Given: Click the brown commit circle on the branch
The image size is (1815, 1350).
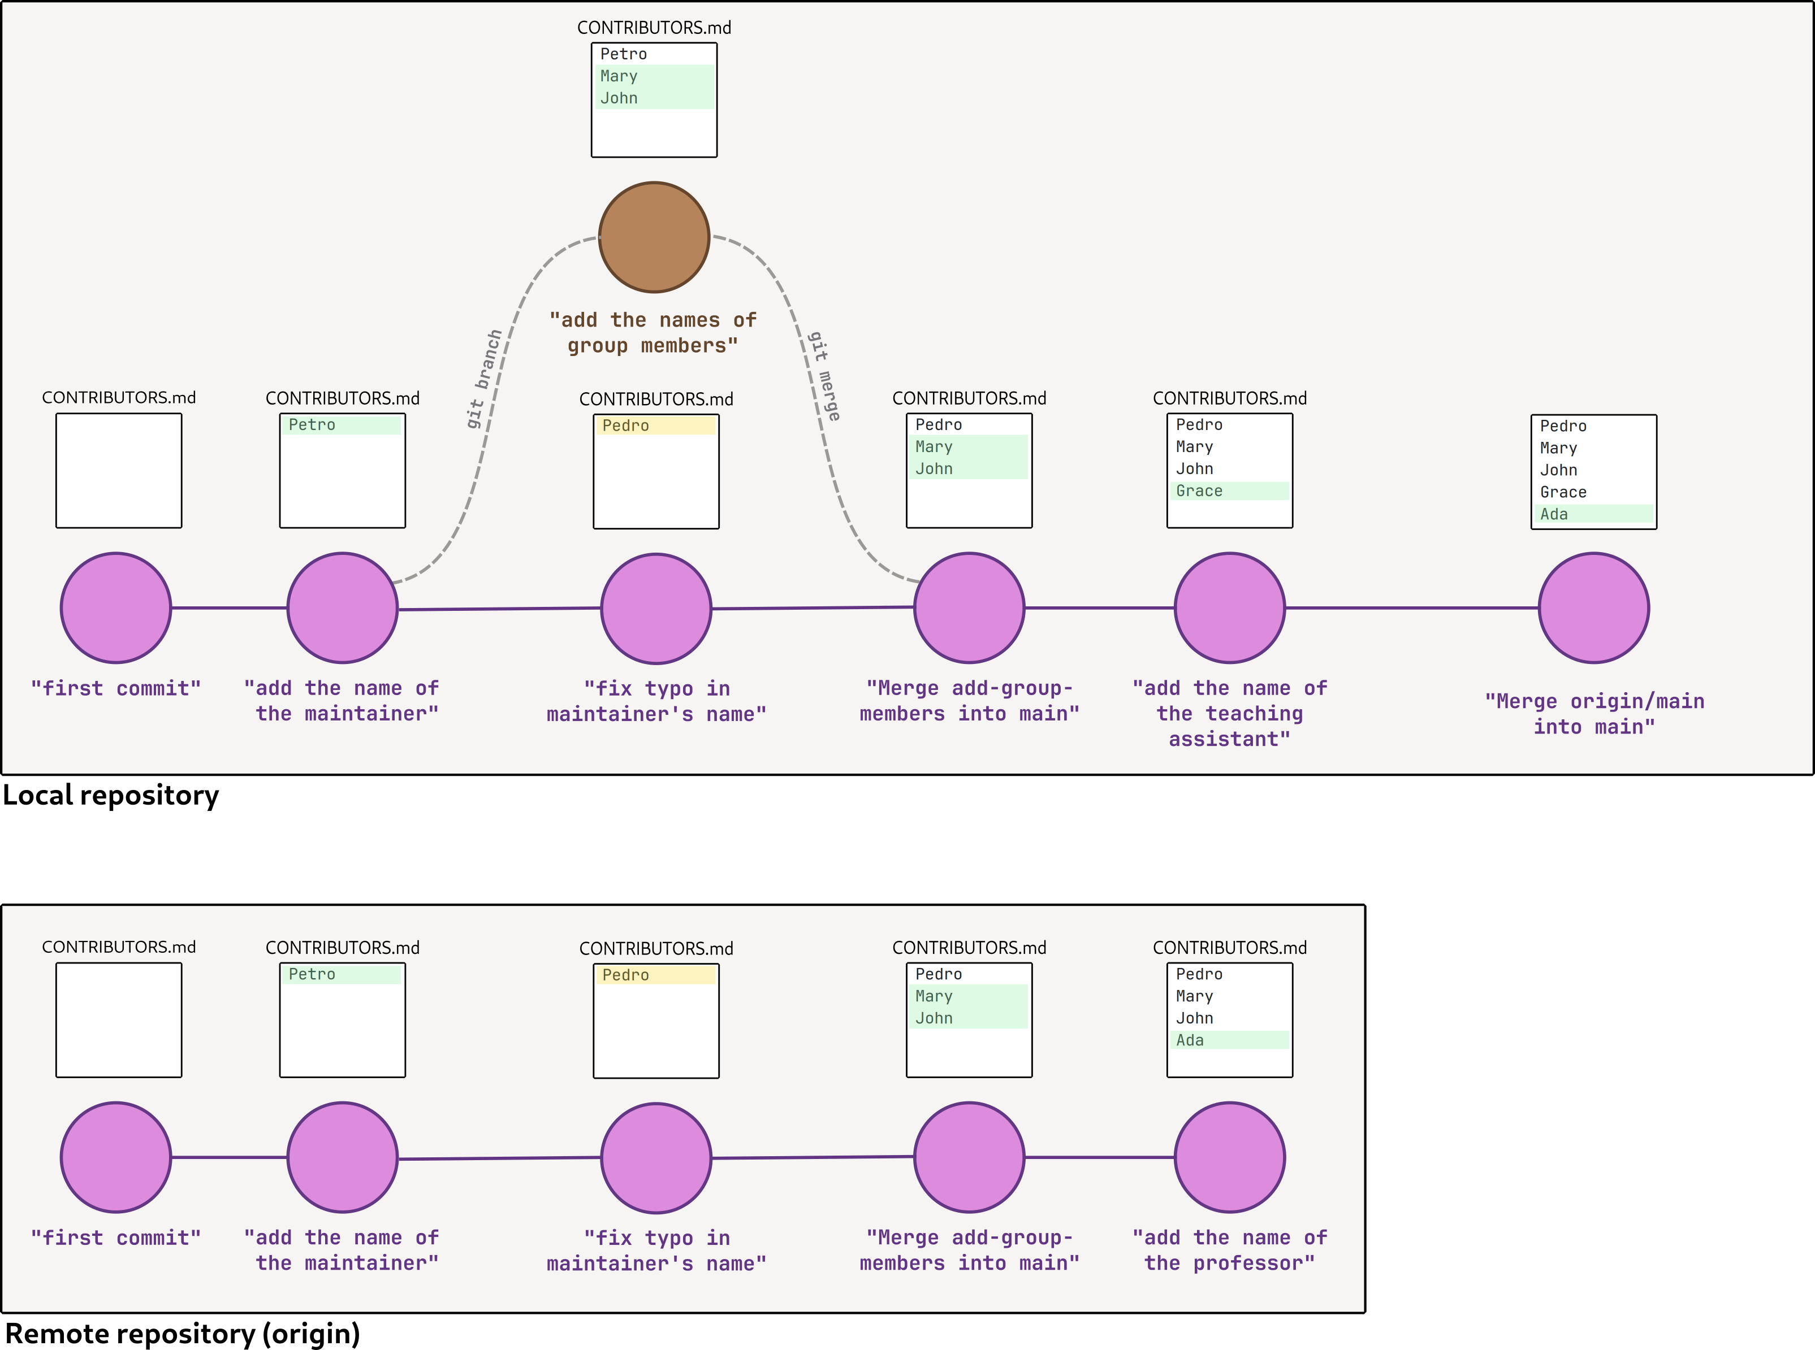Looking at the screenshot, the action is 654,237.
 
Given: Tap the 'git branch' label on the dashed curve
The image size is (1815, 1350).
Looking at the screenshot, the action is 484,379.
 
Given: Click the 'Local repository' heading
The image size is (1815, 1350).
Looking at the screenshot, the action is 111,795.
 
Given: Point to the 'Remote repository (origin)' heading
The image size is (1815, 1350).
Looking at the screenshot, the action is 182,1333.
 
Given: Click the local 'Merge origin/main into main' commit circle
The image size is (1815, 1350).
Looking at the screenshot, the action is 1593,608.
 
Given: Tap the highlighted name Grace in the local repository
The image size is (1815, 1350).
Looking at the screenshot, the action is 1199,490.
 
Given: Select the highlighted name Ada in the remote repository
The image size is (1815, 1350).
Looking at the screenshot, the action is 1190,1039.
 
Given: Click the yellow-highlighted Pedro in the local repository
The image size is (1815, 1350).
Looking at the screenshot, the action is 625,425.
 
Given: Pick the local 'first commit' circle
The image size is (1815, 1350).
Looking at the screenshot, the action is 116,608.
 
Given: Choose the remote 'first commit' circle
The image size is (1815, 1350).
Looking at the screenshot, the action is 116,1157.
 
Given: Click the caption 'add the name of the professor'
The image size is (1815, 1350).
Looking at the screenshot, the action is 1230,1251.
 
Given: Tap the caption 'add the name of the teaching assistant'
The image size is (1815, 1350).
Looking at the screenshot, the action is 1230,713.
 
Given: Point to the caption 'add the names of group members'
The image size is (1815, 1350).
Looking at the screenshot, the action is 653,333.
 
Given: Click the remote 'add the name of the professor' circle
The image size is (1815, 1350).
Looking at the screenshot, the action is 1230,1157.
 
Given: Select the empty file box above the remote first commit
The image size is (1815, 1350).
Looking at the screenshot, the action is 119,1020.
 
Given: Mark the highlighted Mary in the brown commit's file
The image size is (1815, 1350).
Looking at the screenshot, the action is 619,76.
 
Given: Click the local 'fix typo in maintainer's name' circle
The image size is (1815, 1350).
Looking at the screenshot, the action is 656,609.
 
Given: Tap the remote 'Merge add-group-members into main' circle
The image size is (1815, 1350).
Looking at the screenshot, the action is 969,1157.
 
